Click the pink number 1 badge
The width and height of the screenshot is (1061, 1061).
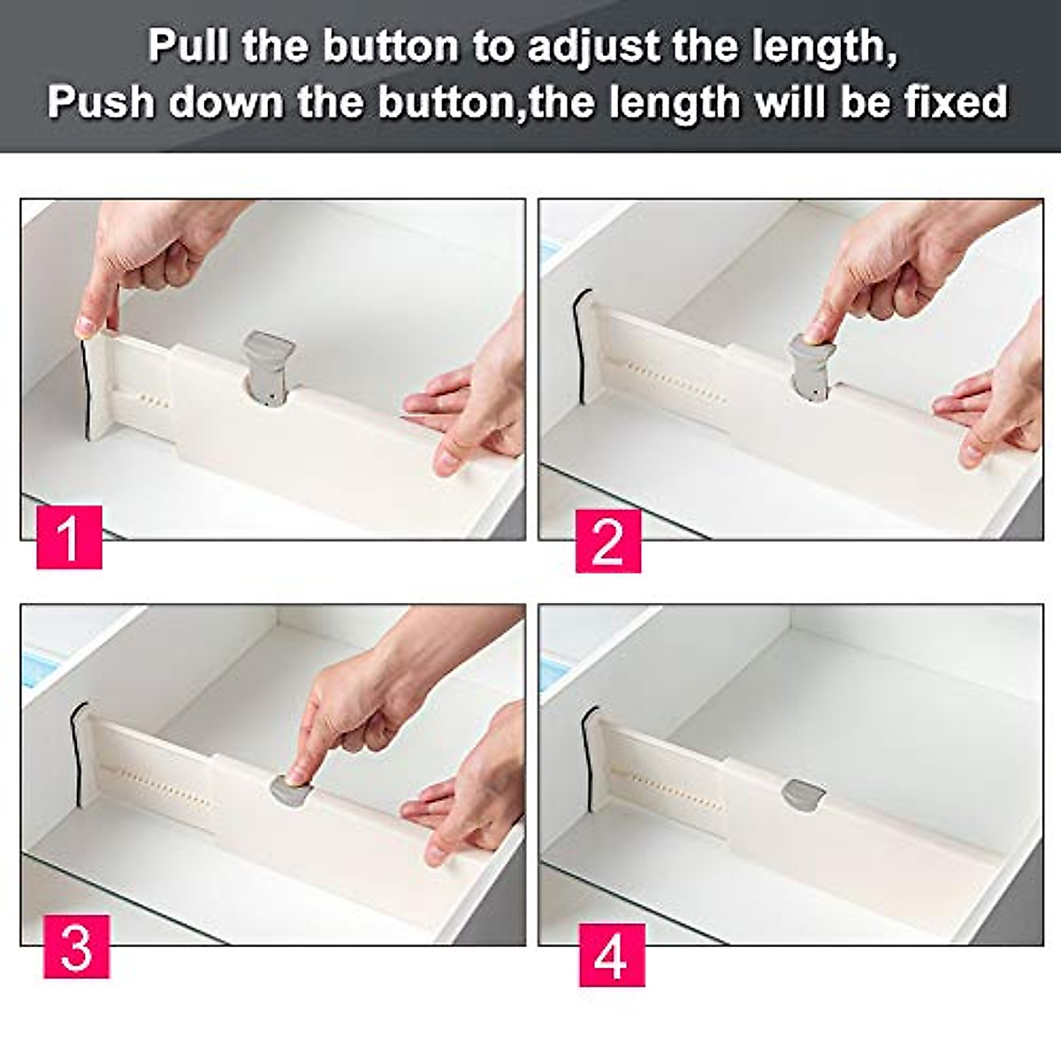point(69,537)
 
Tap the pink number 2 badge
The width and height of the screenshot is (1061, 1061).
point(608,540)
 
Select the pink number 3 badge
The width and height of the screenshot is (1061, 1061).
point(76,946)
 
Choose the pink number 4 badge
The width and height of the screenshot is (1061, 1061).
point(612,954)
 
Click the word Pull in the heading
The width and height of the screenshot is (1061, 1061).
point(187,46)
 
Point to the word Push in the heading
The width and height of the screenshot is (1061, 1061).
point(100,102)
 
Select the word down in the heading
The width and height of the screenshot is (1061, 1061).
point(227,102)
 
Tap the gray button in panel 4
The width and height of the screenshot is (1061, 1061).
point(803,793)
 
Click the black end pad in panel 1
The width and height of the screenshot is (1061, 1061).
point(86,389)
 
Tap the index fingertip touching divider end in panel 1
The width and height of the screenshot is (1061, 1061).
point(88,324)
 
